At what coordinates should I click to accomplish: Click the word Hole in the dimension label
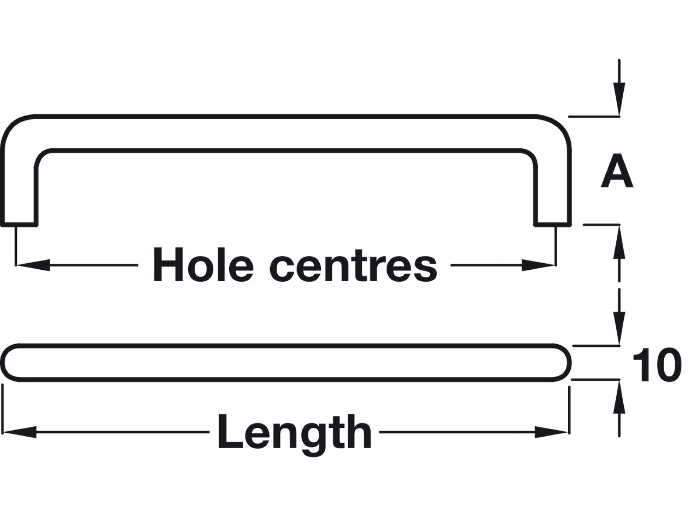click(x=203, y=265)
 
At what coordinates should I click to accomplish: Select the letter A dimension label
click(x=616, y=171)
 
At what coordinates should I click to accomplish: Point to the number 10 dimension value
click(x=656, y=365)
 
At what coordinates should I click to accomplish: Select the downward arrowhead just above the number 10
click(x=619, y=328)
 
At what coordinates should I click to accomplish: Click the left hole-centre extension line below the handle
click(x=15, y=246)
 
